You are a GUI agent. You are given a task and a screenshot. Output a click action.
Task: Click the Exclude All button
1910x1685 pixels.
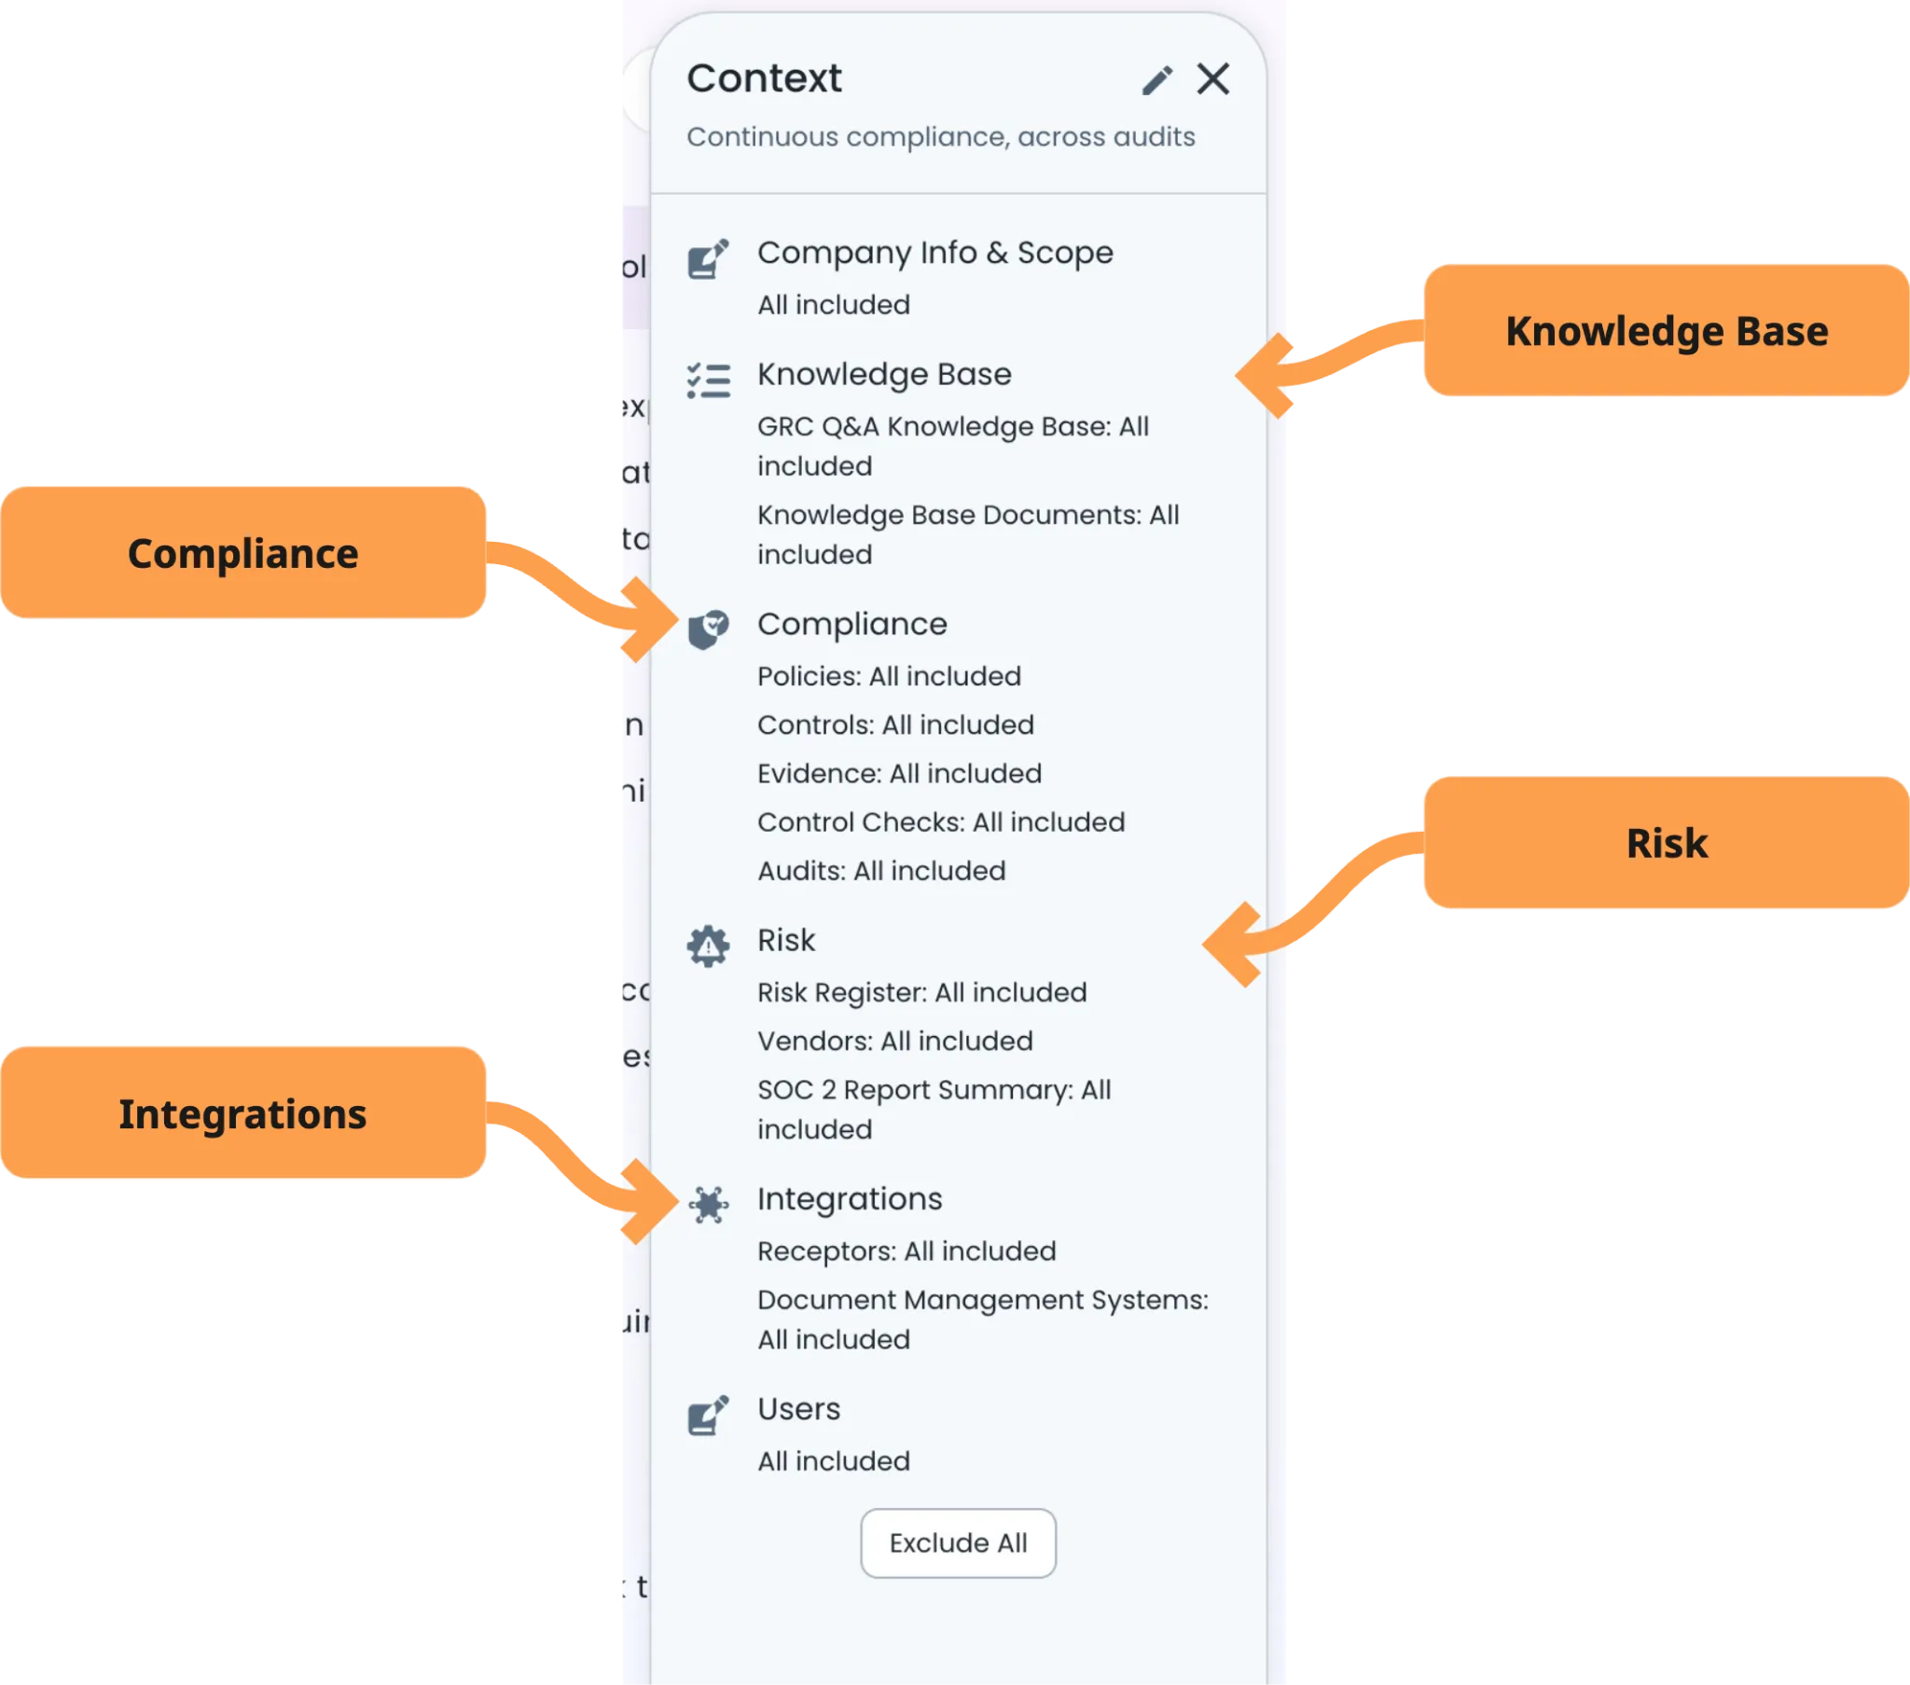958,1543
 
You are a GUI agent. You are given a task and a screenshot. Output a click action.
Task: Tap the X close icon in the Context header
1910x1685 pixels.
1213,79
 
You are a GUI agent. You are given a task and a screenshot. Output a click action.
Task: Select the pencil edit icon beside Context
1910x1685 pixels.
1156,80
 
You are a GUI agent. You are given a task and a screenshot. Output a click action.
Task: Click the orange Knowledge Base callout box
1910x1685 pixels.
1665,332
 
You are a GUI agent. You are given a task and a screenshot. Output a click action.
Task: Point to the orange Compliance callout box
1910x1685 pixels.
243,553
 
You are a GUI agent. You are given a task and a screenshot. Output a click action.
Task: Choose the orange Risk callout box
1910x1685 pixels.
1665,843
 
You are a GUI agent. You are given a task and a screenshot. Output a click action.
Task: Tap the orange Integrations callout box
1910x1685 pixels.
243,1113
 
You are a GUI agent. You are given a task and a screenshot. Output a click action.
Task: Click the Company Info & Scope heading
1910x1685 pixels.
934,253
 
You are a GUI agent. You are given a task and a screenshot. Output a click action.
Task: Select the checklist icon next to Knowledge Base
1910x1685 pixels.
708,380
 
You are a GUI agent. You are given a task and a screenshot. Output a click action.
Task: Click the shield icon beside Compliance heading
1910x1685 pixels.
708,628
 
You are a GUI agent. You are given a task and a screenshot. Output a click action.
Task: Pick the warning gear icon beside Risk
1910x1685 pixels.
708,946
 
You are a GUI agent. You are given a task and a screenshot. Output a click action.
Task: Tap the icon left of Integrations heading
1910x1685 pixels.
708,1205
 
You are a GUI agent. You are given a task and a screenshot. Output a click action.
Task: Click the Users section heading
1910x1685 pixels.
798,1408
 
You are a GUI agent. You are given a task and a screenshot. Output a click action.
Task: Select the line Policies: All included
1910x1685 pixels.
889,676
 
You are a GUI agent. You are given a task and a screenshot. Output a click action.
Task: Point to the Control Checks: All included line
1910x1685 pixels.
940,822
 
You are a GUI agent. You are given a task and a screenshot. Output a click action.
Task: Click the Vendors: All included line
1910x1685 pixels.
894,1040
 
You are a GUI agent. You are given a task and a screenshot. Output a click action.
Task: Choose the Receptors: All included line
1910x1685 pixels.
906,1250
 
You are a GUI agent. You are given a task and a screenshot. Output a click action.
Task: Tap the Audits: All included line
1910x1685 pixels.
881,870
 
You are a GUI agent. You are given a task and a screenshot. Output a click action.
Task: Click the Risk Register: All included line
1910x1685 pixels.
921,991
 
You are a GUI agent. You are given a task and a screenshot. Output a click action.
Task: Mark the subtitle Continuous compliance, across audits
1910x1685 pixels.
940,136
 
